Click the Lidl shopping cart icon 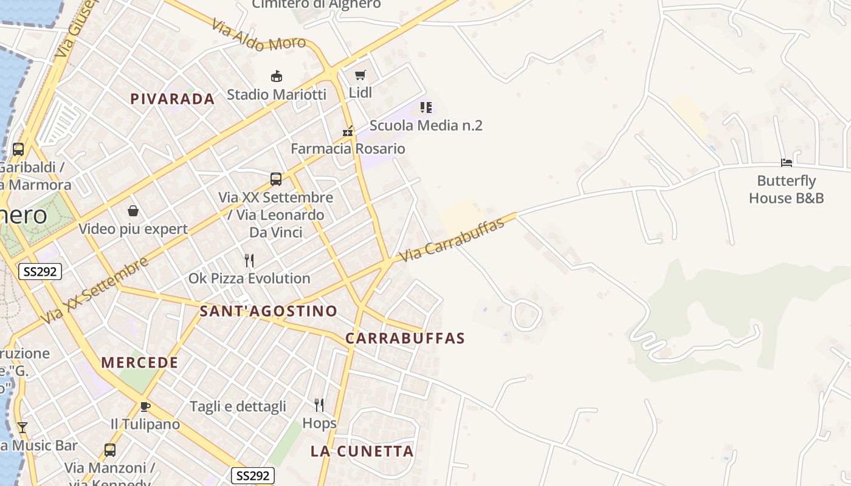point(360,75)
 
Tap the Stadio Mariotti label point(277,95)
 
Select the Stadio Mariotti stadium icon point(277,76)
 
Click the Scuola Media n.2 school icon point(426,108)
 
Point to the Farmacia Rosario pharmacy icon point(348,131)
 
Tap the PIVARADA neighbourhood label point(173,99)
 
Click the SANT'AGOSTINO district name point(269,311)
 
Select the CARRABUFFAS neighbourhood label point(405,338)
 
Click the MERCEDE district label point(140,363)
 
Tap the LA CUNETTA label point(362,451)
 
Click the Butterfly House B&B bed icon point(787,163)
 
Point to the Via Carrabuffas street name point(453,240)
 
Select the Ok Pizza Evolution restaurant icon point(249,261)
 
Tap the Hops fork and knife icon point(319,405)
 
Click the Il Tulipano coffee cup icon point(145,406)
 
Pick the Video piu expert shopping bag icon point(133,211)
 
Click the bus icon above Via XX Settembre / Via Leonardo point(276,179)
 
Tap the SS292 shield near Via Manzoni point(253,476)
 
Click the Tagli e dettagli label point(238,406)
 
